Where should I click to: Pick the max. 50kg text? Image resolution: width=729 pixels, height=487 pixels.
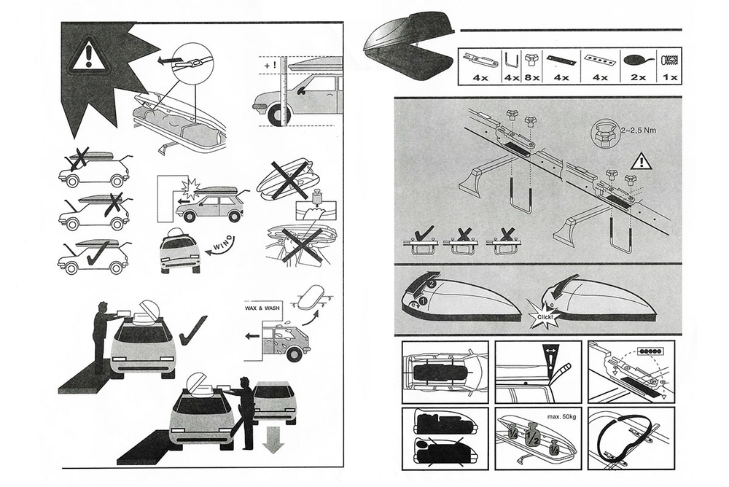[546, 418]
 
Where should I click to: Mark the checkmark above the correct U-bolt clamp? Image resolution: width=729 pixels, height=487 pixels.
[424, 233]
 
